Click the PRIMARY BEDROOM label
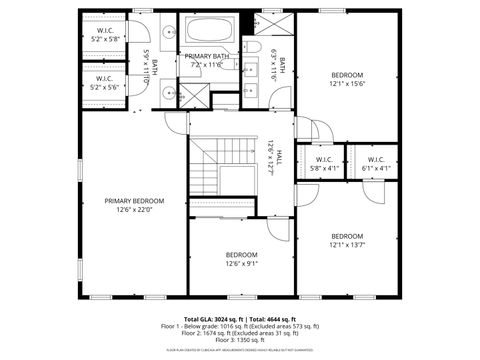134,200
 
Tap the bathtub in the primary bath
209,29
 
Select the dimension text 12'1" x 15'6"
347,83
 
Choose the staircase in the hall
215,165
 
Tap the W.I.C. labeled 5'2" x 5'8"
105,35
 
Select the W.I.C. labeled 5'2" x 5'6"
105,83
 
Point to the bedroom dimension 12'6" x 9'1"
241,263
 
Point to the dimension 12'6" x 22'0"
134,209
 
